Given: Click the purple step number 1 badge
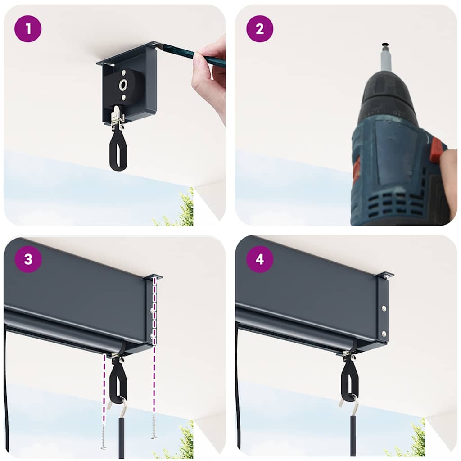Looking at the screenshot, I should (x=28, y=29).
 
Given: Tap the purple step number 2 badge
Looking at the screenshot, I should (x=260, y=29).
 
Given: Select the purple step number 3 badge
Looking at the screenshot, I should (x=28, y=259).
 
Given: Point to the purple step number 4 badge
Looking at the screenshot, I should (x=260, y=259).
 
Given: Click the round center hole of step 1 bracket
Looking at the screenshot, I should (x=123, y=85).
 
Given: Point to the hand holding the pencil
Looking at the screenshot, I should (x=210, y=77).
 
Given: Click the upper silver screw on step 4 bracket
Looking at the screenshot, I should (x=384, y=308).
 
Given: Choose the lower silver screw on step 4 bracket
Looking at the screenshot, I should (x=384, y=334).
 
